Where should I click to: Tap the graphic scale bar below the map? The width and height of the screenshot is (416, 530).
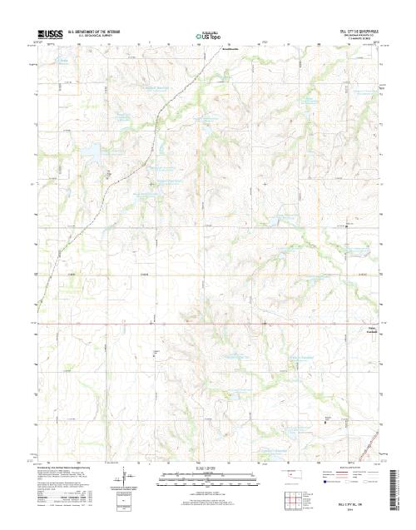click(x=207, y=476)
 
